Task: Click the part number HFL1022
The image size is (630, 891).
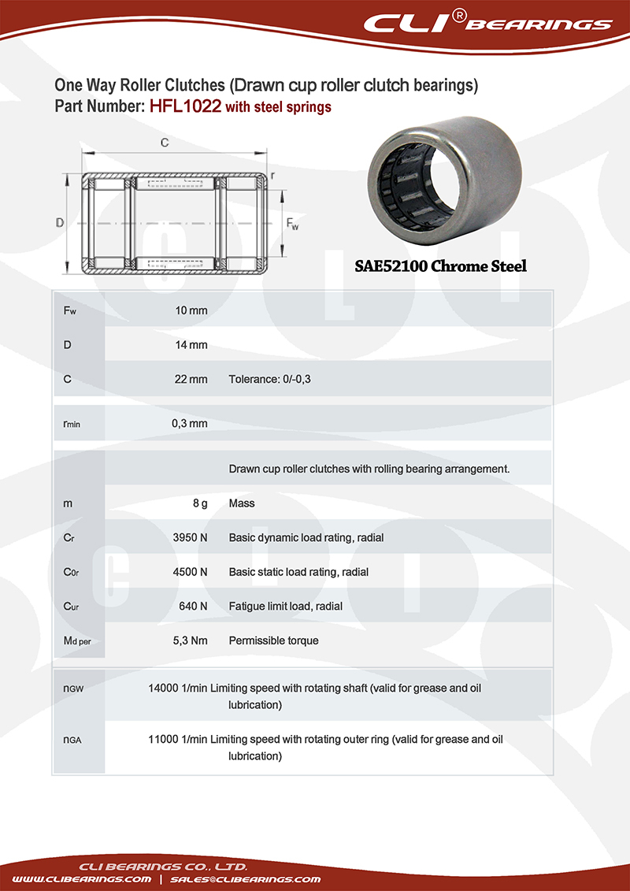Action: coord(185,107)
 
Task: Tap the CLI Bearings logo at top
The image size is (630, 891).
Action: coord(487,23)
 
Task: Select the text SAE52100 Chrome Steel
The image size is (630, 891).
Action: coord(439,266)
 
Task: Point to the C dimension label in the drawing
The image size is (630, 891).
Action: coord(165,143)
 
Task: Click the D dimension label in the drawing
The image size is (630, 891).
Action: coord(60,223)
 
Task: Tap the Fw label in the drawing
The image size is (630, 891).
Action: coord(291,224)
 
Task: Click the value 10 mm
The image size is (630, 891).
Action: coord(191,310)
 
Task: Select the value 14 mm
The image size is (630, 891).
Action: coord(191,345)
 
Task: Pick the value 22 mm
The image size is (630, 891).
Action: coord(191,379)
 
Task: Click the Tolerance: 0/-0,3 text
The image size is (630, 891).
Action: coord(270,379)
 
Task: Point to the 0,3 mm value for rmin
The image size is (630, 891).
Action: coord(190,423)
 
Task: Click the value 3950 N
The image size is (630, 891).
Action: coord(190,537)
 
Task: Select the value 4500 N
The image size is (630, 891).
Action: coord(190,572)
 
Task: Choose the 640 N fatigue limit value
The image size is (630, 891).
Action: coord(194,607)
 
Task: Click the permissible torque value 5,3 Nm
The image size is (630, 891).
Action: coord(190,640)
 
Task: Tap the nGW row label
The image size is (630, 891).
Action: coord(73,689)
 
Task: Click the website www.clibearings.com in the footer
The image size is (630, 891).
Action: coord(82,878)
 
